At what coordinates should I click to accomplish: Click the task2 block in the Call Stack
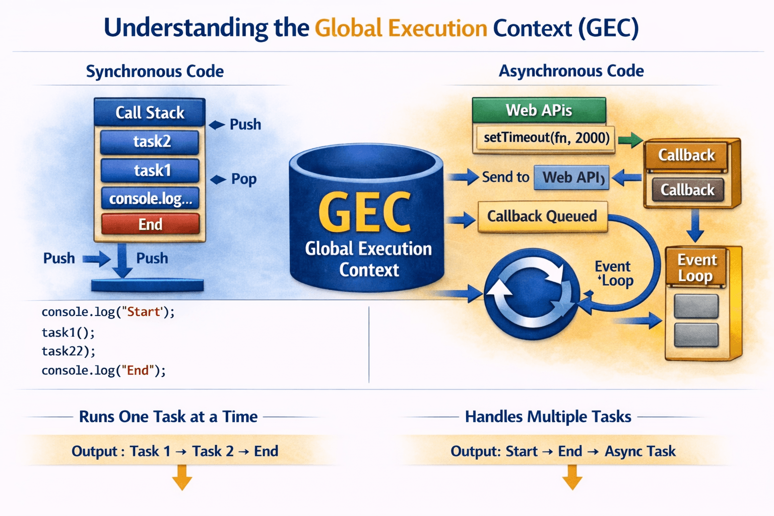pyautogui.click(x=150, y=142)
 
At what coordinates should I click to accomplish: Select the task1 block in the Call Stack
pyautogui.click(x=150, y=170)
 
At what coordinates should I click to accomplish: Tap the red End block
pyautogui.click(x=150, y=224)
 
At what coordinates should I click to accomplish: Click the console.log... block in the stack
pyautogui.click(x=150, y=199)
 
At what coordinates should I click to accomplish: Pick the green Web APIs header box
pyautogui.click(x=539, y=110)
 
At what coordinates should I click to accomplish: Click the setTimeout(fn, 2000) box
pyautogui.click(x=545, y=138)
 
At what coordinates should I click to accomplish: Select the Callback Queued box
pyautogui.click(x=543, y=216)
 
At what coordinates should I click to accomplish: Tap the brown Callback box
pyautogui.click(x=688, y=190)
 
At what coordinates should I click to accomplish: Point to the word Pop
pyautogui.click(x=244, y=179)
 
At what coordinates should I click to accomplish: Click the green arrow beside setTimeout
pyautogui.click(x=630, y=140)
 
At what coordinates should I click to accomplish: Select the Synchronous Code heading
pyautogui.click(x=155, y=72)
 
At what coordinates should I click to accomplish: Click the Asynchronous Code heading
pyautogui.click(x=571, y=71)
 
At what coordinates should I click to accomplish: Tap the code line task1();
pyautogui.click(x=68, y=333)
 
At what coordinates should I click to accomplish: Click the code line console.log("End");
pyautogui.click(x=104, y=370)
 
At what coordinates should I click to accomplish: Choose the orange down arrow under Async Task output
pyautogui.click(x=572, y=477)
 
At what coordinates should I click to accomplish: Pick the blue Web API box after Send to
pyautogui.click(x=571, y=178)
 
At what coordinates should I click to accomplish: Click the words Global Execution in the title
pyautogui.click(x=401, y=28)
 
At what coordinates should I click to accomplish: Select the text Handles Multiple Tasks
pyautogui.click(x=548, y=416)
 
